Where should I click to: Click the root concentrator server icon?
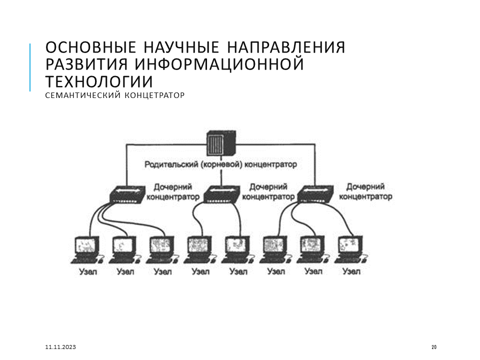pos(221,143)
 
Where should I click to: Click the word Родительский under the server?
pos(171,164)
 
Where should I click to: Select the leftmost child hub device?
pos(127,194)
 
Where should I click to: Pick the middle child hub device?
pos(221,194)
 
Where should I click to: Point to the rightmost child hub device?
pos(315,194)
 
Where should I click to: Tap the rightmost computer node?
pos(351,250)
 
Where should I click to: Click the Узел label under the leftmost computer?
pos(88,272)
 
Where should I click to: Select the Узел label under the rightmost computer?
pos(351,271)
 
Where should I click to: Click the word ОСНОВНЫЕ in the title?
pos(90,47)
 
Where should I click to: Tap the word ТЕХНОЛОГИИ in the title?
pos(99,81)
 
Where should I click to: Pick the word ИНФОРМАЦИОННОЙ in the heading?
pos(219,64)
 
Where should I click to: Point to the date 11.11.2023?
pos(60,347)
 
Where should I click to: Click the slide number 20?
pos(434,347)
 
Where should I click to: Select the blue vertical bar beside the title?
pos(30,67)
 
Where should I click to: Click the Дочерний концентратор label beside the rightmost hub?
pos(365,191)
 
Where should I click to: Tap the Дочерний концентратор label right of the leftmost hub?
pos(173,192)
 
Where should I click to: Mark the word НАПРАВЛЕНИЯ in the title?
pos(286,47)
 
